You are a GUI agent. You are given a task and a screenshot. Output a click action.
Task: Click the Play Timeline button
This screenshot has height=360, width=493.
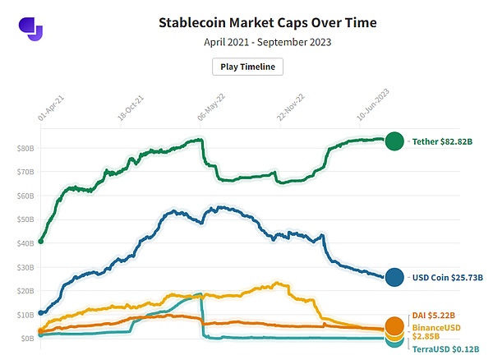(x=247, y=67)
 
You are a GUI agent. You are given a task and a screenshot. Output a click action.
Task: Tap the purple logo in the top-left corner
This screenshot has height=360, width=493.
(x=30, y=28)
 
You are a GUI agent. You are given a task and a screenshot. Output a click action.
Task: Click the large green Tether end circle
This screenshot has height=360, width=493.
(x=394, y=141)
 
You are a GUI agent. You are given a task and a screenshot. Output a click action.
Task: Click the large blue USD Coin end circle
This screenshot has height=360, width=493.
(x=394, y=278)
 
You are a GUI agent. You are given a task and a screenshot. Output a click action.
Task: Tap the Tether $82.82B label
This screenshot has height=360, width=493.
(x=442, y=141)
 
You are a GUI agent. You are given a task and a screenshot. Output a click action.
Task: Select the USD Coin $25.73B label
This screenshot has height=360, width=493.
(x=447, y=278)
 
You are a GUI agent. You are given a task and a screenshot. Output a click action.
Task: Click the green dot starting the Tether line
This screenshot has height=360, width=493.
(x=41, y=241)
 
